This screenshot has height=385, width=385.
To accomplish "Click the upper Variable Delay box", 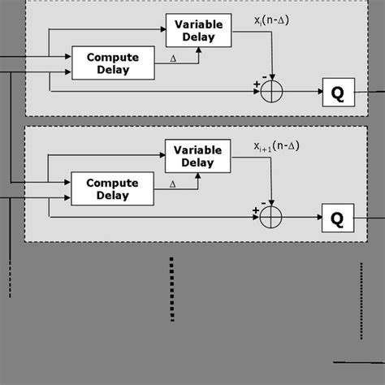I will click(x=197, y=31).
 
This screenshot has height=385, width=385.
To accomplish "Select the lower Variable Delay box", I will click(x=197, y=156).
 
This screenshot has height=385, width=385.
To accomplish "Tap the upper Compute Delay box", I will click(x=112, y=63).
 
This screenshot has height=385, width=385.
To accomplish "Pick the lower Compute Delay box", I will click(x=112, y=188).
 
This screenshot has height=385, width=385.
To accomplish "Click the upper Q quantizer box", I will click(x=338, y=93).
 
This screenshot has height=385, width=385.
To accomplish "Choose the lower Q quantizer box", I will click(x=338, y=218).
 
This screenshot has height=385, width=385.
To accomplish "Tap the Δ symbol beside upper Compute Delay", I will click(x=172, y=58).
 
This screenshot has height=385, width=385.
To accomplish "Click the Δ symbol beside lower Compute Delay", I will click(x=172, y=184).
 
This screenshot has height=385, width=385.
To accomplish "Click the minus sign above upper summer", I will click(x=264, y=76).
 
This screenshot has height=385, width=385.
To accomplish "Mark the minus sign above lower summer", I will click(x=264, y=201).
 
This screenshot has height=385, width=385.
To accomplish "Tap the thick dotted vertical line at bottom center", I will click(x=171, y=289).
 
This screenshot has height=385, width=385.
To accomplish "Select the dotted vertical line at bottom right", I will click(x=362, y=301).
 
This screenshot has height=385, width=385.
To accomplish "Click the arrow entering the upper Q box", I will click(x=313, y=92).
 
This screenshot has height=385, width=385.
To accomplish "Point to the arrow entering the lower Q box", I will click(x=313, y=217).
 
